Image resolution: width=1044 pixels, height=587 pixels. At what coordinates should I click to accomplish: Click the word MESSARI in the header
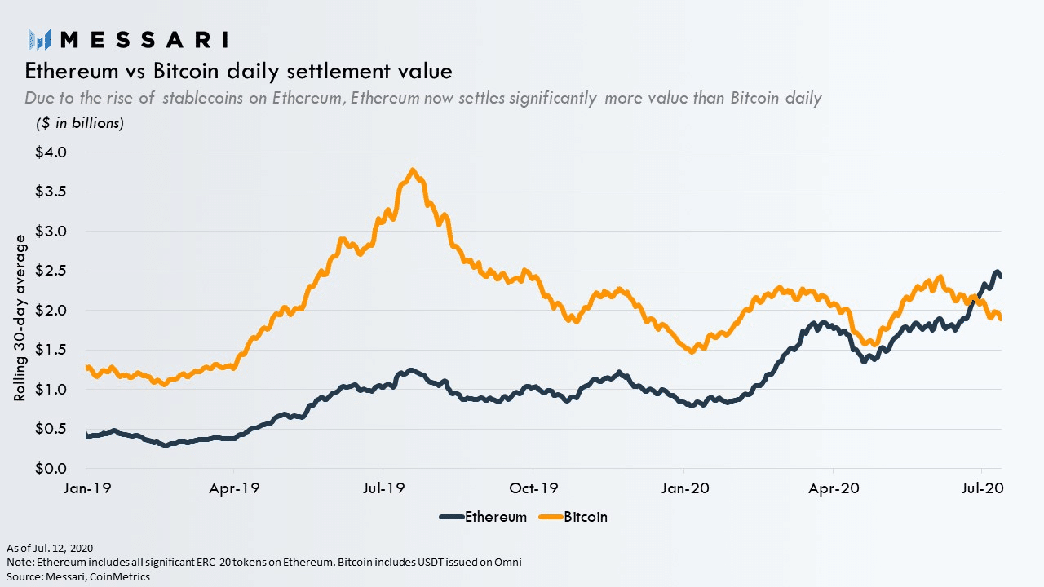[x=144, y=39]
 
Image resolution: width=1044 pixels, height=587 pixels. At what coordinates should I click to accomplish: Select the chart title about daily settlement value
[x=238, y=71]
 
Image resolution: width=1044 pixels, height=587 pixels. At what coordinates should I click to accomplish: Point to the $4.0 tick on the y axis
[x=51, y=152]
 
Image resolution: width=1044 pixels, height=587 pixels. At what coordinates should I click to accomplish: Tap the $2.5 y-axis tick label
[x=51, y=271]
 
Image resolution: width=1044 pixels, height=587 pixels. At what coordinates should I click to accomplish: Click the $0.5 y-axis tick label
[x=51, y=429]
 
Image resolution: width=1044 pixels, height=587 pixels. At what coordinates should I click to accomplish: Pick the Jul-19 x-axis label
[x=383, y=488]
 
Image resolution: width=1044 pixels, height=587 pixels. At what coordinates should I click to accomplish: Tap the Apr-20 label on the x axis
[x=833, y=488]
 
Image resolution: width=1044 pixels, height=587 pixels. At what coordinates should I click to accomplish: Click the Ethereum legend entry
[x=483, y=517]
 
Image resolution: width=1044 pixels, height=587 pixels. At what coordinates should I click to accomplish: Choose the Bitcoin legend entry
[x=575, y=517]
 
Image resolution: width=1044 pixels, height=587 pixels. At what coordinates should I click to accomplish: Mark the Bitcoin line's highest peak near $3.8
[x=414, y=171]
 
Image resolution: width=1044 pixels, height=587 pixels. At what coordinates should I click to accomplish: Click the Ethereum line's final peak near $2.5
[x=996, y=271]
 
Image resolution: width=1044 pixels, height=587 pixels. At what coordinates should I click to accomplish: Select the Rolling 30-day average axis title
[x=20, y=319]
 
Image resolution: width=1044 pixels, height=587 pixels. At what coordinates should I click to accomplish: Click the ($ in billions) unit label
[x=80, y=124]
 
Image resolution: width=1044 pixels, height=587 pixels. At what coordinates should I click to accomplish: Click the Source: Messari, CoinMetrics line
[x=77, y=576]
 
